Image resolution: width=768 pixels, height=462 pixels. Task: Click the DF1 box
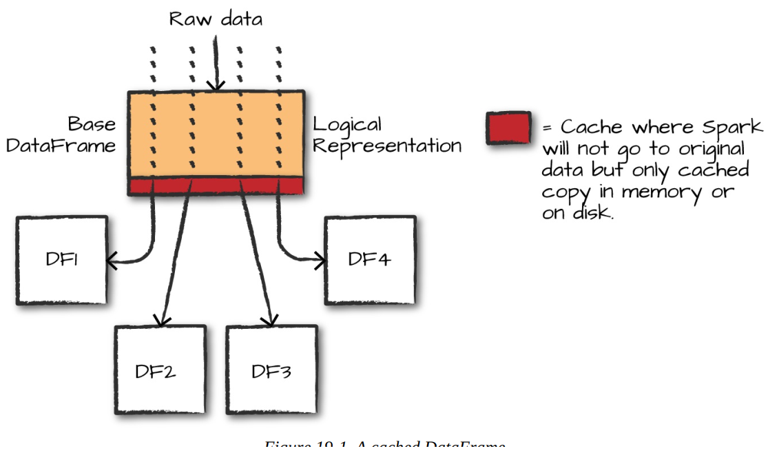[61, 260]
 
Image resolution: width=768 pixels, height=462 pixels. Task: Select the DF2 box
[160, 370]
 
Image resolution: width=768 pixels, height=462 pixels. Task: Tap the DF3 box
[271, 370]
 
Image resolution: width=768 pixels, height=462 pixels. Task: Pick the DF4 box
[370, 260]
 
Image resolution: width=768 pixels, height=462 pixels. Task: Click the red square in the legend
[508, 128]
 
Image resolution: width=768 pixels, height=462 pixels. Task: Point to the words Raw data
[216, 19]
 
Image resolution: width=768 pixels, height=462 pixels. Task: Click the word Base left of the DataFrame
[92, 125]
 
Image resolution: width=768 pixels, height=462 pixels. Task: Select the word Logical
[347, 125]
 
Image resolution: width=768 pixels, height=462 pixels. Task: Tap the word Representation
[387, 146]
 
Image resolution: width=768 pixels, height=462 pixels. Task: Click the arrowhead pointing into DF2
[162, 320]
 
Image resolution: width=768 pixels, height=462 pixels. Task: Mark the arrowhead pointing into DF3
[269, 320]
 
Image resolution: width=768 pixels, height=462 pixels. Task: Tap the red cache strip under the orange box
[216, 186]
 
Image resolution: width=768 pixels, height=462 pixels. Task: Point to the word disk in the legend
[590, 212]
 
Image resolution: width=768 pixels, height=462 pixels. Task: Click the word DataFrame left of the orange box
[61, 146]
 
